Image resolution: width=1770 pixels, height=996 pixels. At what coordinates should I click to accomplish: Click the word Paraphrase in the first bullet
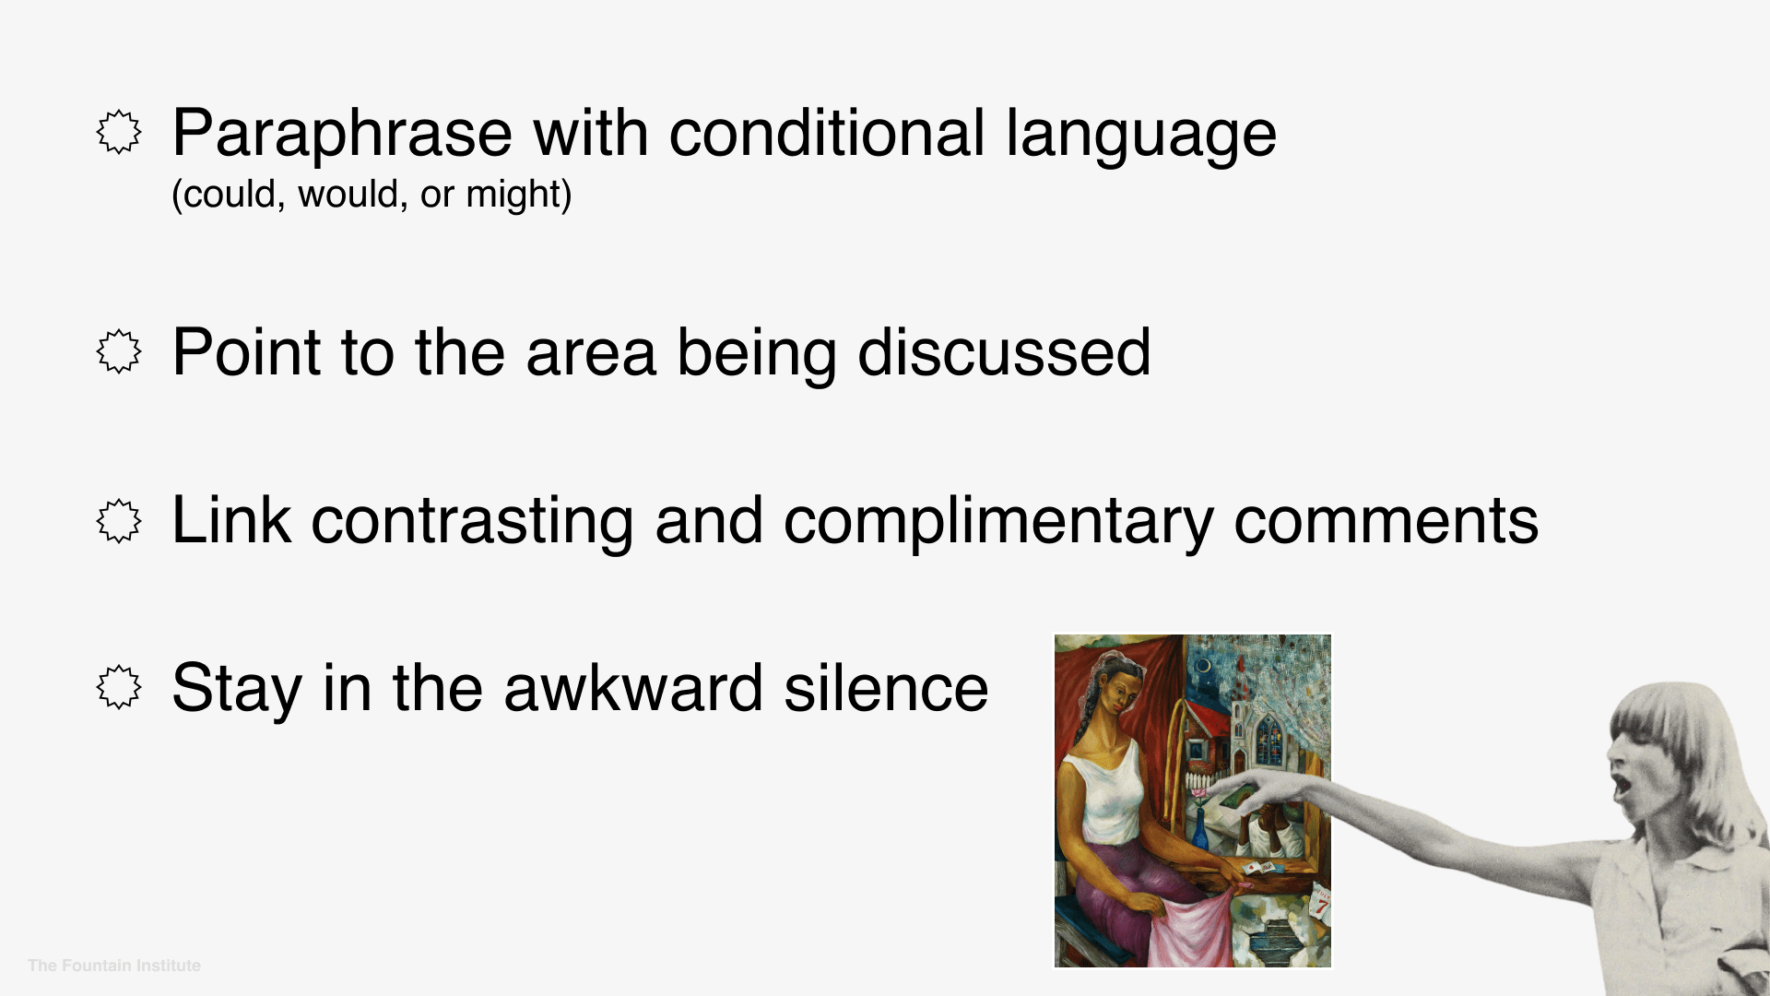[x=341, y=135]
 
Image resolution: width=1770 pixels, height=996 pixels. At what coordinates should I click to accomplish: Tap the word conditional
[x=827, y=135]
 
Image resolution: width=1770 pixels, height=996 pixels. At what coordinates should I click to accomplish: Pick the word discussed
[x=1004, y=353]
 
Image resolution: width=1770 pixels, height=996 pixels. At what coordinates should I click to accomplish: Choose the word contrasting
[x=472, y=522]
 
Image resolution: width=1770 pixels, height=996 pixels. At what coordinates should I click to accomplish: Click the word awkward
[x=633, y=689]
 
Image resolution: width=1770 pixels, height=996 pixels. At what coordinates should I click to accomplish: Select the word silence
[x=886, y=689]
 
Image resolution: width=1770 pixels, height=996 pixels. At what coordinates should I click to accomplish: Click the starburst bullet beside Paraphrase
[x=119, y=133]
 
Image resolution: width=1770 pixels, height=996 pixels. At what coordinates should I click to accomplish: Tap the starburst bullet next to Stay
[x=119, y=688]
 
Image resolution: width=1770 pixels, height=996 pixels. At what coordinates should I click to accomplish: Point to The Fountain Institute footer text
[x=114, y=966]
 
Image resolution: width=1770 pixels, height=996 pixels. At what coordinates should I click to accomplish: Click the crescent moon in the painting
[x=1202, y=665]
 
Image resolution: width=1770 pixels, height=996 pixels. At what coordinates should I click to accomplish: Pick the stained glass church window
[x=1268, y=738]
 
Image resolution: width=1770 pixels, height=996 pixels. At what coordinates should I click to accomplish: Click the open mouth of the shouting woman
[x=1620, y=787]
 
